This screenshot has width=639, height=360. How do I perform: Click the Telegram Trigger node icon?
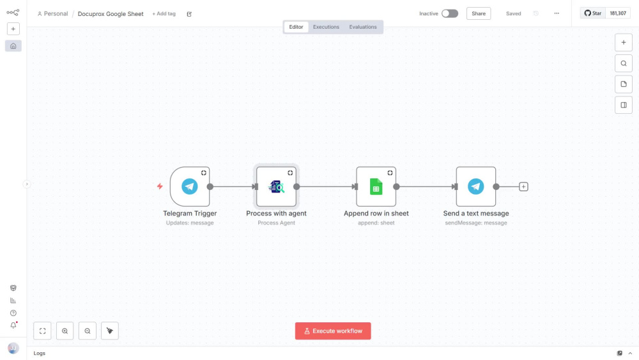point(190,186)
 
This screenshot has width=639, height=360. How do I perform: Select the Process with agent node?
point(276,186)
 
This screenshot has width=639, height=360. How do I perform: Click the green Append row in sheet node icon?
point(376,187)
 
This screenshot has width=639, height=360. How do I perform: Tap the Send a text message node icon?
point(475,186)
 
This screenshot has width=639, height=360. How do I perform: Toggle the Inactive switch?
point(450,13)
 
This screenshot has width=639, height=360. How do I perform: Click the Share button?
point(479,13)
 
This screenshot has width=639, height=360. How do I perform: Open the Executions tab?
point(326,27)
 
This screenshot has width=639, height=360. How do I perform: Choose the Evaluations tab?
point(363,27)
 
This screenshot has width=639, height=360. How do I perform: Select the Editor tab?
point(296,27)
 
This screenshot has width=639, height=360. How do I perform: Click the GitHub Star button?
point(593,13)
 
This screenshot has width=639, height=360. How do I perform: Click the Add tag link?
point(164,13)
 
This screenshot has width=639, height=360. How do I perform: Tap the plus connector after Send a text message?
point(523,187)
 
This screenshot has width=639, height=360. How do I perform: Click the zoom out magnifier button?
point(87,331)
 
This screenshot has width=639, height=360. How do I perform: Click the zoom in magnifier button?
point(65,331)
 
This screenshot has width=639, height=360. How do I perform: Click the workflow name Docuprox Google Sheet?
point(111,14)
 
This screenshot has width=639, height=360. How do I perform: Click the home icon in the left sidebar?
point(13,46)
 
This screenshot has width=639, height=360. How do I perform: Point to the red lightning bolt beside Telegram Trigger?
point(160,186)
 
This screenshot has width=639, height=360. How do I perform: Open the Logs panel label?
point(40,353)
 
